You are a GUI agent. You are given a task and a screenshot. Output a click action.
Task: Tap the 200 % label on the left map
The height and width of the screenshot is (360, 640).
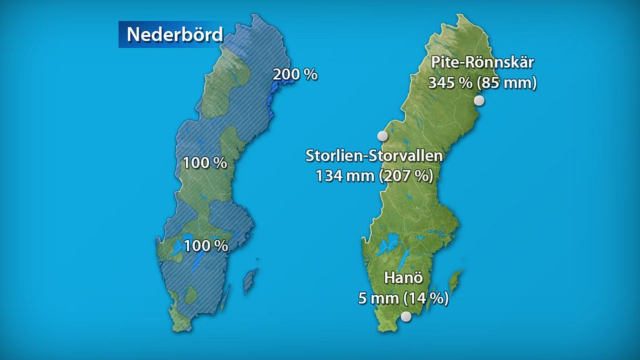[295, 74]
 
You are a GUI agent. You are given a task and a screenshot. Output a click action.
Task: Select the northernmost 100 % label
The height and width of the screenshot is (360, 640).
[205, 163]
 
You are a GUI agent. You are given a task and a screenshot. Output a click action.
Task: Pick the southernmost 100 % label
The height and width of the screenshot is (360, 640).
[206, 245]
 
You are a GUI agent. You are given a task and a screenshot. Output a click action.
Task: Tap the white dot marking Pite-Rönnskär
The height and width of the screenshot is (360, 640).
[479, 101]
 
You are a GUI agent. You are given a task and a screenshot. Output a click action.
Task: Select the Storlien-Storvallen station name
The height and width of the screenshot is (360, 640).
[374, 156]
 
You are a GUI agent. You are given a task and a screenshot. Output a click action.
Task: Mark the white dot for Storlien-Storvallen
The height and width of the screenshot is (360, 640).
[383, 135]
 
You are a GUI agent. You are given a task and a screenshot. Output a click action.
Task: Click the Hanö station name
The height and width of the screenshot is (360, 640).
[403, 279]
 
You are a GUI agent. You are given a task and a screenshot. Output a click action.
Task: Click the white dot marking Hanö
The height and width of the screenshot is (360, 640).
[406, 316]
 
